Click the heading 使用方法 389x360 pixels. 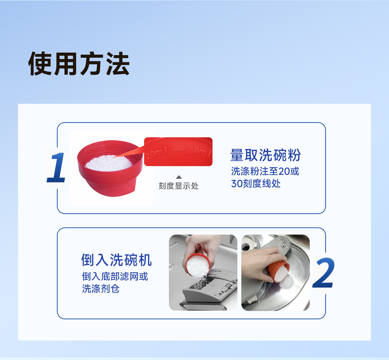coord(79,63)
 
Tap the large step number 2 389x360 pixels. coord(323,272)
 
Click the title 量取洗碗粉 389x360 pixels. coord(265,155)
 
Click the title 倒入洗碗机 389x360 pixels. coord(116,260)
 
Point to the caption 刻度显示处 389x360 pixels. coord(179,186)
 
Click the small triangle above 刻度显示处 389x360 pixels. coord(179,177)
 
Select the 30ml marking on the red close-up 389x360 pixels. coord(200,151)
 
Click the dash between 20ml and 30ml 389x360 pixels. coord(179,150)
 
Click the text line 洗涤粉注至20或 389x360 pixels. coord(265,171)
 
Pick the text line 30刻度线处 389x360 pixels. coord(255,183)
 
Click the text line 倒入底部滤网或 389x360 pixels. coord(115,276)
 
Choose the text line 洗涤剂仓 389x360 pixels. coord(100,289)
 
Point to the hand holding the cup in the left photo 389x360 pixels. coord(202,248)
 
